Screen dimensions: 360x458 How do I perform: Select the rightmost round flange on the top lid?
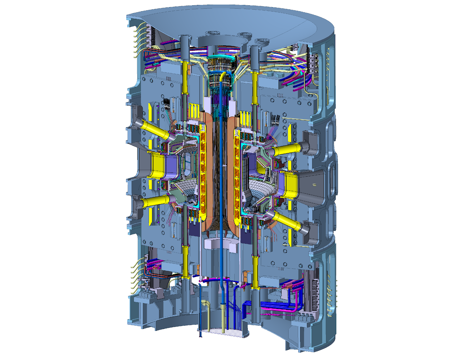tap(262, 41)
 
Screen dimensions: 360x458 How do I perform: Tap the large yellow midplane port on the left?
tap(158, 165)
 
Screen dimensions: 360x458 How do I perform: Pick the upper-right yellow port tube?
tap(287, 150)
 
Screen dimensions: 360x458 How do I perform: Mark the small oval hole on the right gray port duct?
tap(314, 185)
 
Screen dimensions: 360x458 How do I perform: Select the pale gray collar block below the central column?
tap(220, 244)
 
